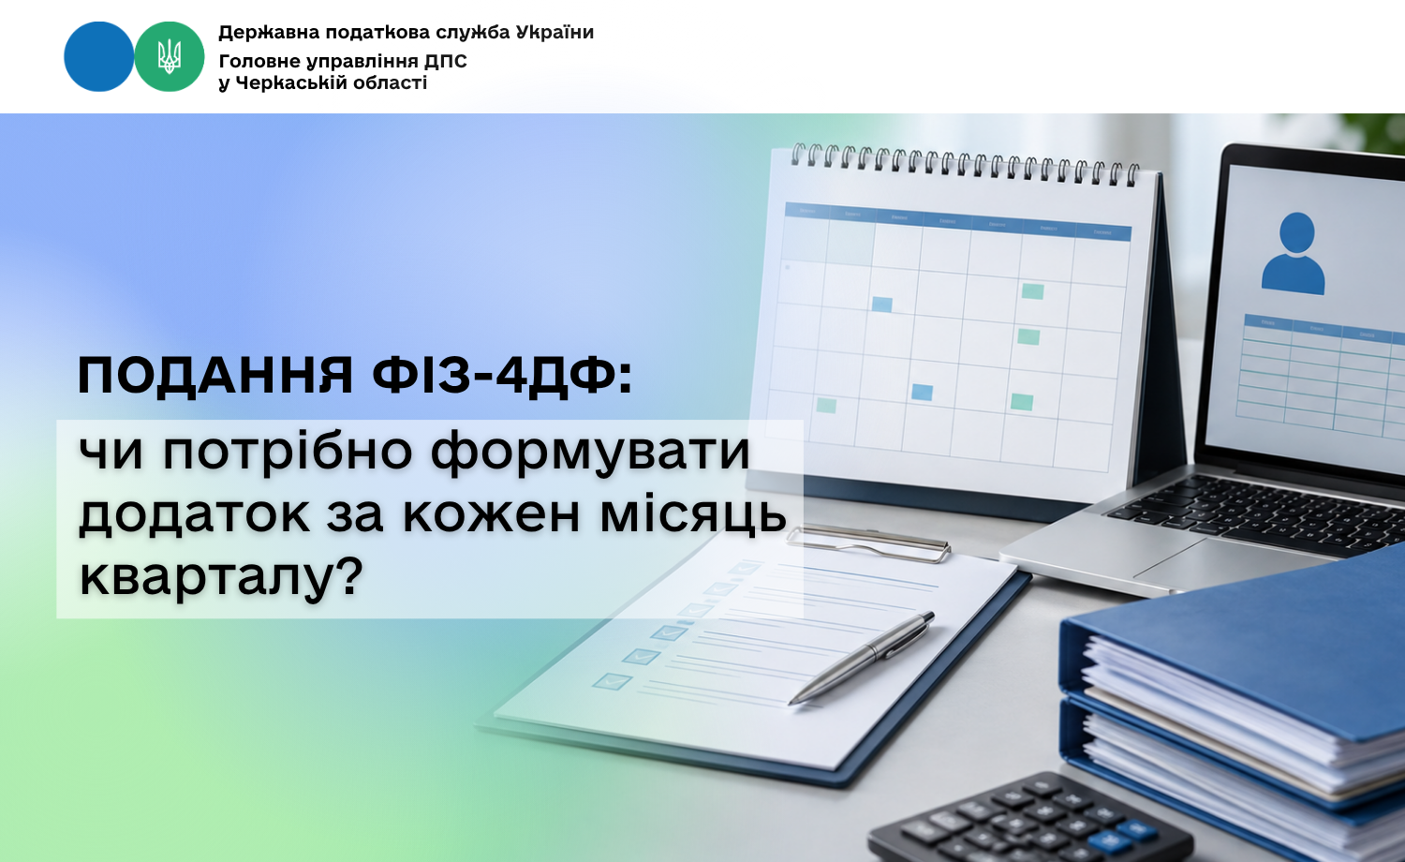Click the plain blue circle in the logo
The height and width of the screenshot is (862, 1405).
99,56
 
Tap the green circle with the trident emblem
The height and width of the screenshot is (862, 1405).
170,56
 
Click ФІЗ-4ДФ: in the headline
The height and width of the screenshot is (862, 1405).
502,376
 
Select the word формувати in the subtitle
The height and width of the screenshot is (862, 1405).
590,453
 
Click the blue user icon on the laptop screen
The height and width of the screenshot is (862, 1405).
1294,254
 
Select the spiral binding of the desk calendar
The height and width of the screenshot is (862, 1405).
965,164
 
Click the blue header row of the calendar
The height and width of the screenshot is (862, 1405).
958,222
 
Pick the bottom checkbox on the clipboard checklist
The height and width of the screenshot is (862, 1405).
613,681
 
